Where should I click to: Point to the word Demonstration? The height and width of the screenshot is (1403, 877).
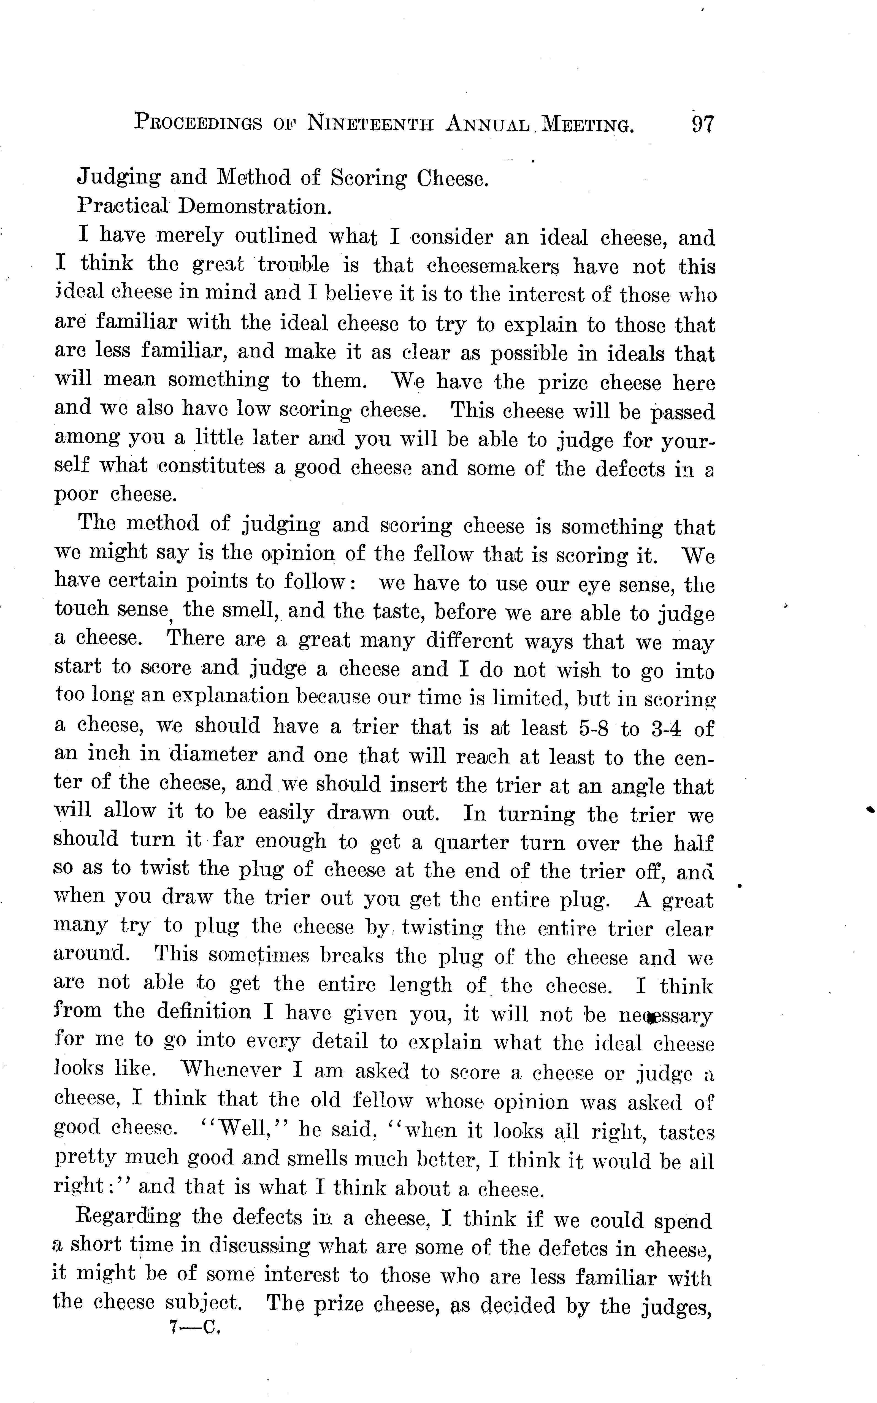point(255,207)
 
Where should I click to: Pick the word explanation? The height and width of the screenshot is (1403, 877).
point(229,697)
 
